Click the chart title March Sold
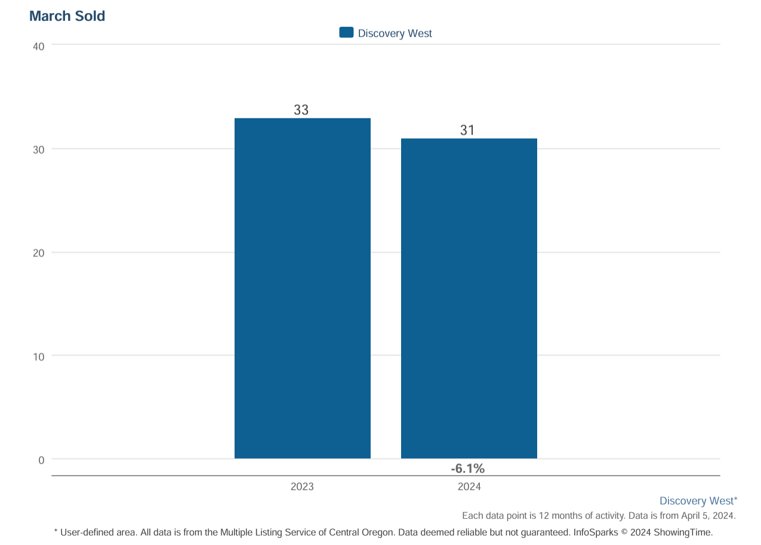pyautogui.click(x=67, y=16)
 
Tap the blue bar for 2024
pyautogui.click(x=469, y=298)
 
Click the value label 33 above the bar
pyautogui.click(x=301, y=110)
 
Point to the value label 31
pyautogui.click(x=467, y=130)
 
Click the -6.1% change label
pyautogui.click(x=467, y=469)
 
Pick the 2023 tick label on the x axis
pyautogui.click(x=302, y=487)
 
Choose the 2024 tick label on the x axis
pyautogui.click(x=469, y=487)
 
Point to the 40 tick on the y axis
pyautogui.click(x=39, y=46)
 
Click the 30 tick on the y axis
pyautogui.click(x=39, y=149)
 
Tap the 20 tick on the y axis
pyautogui.click(x=39, y=253)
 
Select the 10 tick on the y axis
pyautogui.click(x=39, y=357)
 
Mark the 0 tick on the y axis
pyautogui.click(x=41, y=460)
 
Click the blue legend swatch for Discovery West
pyautogui.click(x=346, y=33)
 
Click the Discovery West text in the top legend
pyautogui.click(x=395, y=33)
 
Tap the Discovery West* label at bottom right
pyautogui.click(x=698, y=501)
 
